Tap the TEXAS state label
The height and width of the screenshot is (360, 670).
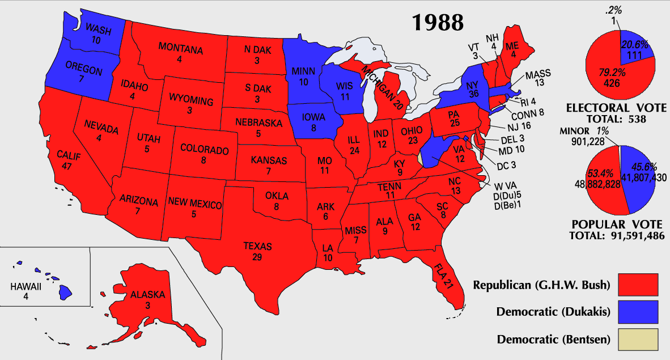[x=258, y=247]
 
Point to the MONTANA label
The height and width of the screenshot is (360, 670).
[x=180, y=49]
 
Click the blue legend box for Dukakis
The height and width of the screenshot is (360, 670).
[x=638, y=312]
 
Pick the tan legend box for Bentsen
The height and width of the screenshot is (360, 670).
[x=638, y=340]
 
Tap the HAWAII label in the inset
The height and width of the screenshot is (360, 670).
[x=26, y=287]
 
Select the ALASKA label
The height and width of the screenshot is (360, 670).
[x=147, y=295]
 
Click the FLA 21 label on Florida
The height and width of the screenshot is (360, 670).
[x=444, y=275]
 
